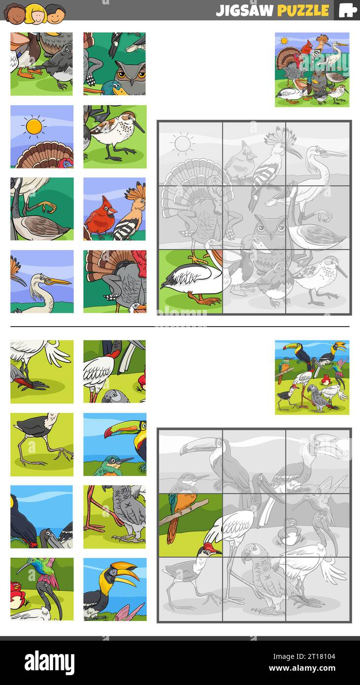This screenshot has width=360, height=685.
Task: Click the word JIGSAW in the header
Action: click(244, 10)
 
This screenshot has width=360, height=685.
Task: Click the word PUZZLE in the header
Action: click(303, 10)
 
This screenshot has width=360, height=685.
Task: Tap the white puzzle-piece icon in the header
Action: click(347, 10)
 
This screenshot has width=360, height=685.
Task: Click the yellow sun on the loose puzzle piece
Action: click(34, 127)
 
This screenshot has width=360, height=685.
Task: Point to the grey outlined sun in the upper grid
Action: click(183, 144)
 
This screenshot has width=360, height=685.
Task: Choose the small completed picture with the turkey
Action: click(312, 69)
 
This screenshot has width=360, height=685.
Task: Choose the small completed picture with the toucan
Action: click(312, 377)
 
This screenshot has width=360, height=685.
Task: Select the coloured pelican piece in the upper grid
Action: click(190, 282)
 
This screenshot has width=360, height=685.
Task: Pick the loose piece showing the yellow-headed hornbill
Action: click(115, 589)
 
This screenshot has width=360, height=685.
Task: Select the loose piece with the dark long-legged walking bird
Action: click(42, 444)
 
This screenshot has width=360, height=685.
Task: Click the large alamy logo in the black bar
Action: click(49, 662)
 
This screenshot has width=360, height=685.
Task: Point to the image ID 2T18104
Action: click(319, 656)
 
